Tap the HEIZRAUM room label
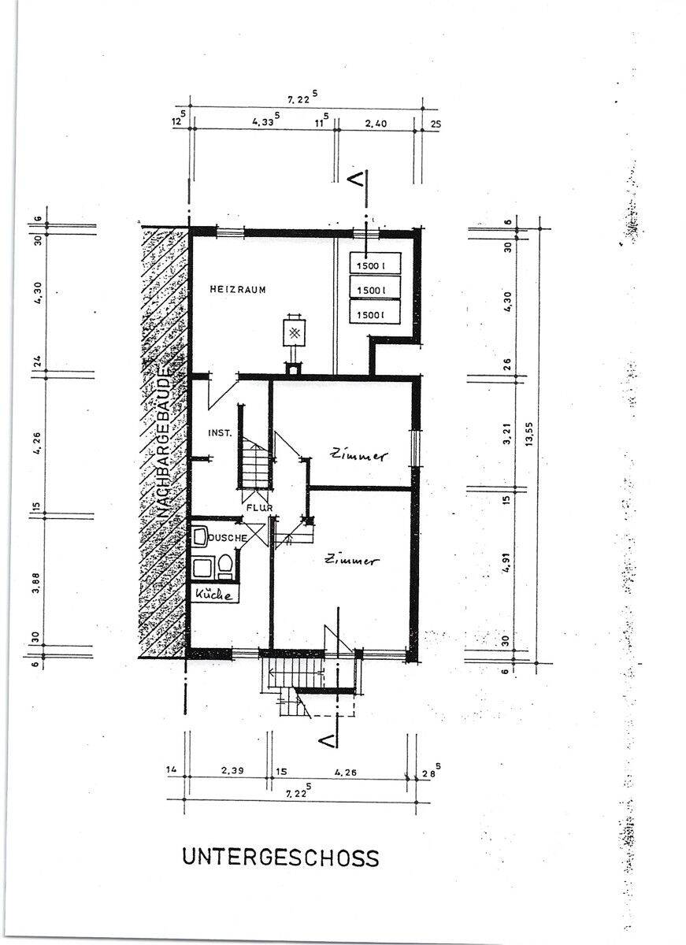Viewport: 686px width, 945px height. tap(238, 290)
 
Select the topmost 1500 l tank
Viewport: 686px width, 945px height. tap(375, 264)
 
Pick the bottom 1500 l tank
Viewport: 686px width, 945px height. tap(375, 312)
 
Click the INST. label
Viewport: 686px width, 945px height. tap(221, 433)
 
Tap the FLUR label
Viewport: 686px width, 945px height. tap(259, 508)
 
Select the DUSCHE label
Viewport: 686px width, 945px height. tap(228, 538)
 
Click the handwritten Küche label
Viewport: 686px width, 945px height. tap(214, 595)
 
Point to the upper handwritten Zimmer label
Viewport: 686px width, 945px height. tap(358, 456)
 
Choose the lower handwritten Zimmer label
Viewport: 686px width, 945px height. tap(351, 560)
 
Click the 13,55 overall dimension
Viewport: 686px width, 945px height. tap(530, 434)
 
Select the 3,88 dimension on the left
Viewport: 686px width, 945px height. tap(36, 583)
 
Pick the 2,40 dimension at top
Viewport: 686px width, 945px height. tap(376, 124)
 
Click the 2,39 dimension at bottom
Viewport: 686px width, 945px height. tap(232, 770)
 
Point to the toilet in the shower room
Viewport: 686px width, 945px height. tap(224, 566)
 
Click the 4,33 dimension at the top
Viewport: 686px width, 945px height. tap(265, 120)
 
